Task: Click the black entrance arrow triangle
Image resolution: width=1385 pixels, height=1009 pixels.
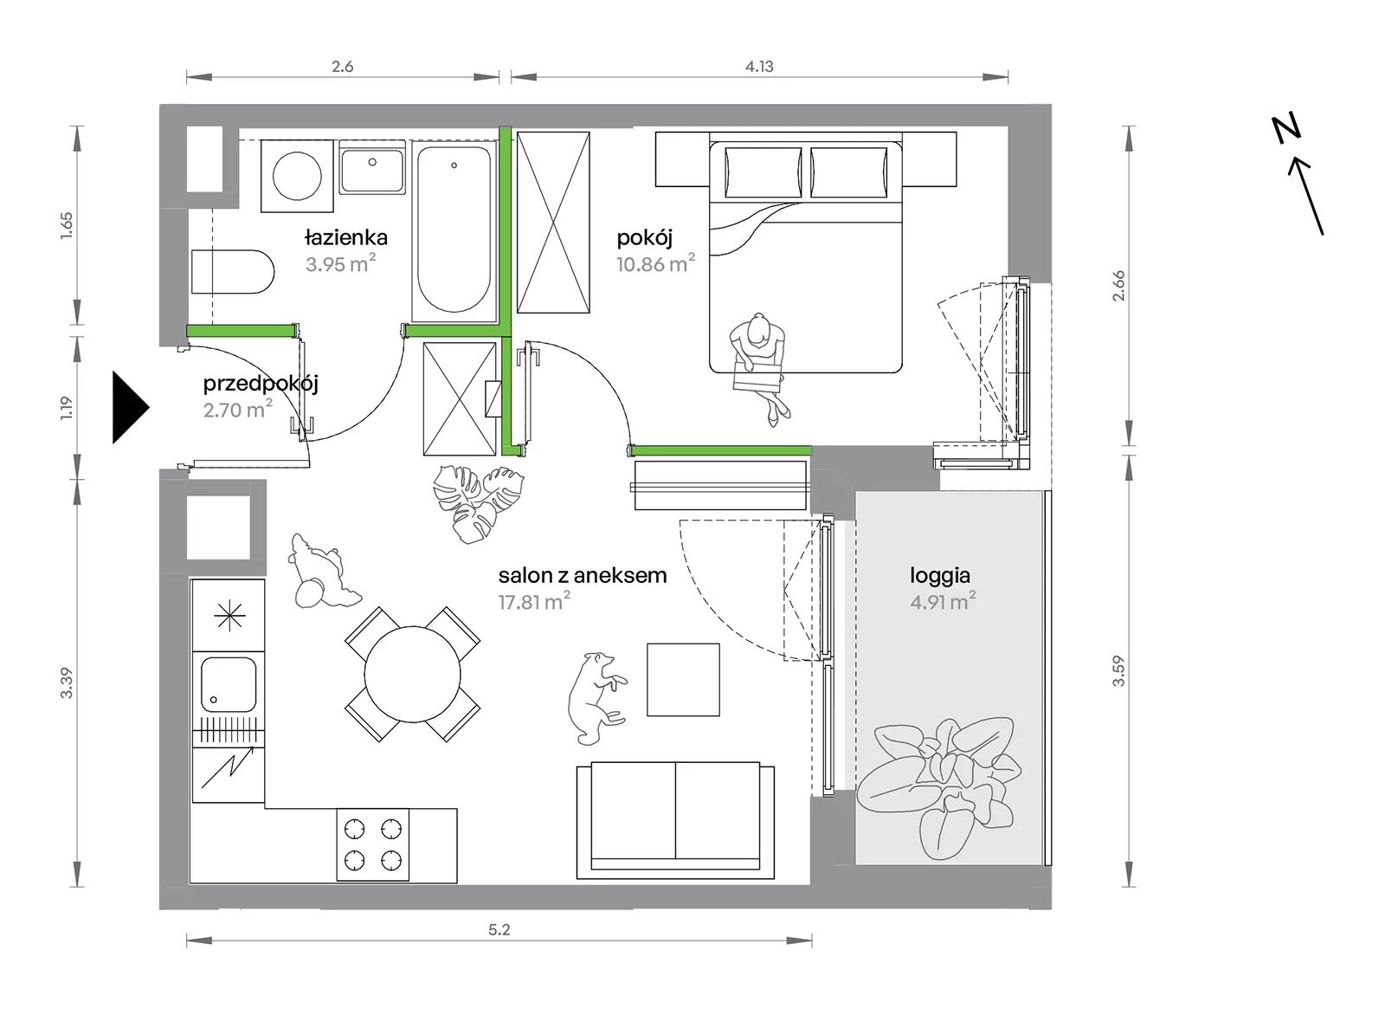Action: [129, 407]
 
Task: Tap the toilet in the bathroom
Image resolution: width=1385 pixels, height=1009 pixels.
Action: [233, 272]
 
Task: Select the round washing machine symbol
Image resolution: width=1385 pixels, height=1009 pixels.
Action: [298, 177]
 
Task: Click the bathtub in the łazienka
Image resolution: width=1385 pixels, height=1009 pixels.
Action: [454, 230]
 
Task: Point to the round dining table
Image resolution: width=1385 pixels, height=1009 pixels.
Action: [412, 674]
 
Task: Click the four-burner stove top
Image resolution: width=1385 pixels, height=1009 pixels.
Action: [373, 844]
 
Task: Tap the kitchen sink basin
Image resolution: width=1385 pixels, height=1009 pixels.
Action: [229, 685]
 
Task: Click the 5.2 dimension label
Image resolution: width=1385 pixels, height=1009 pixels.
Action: [499, 930]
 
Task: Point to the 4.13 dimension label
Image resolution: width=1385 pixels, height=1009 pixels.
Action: [759, 66]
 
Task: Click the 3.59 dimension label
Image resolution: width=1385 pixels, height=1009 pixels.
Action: [1118, 671]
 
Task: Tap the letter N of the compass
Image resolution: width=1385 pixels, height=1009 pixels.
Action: [1286, 130]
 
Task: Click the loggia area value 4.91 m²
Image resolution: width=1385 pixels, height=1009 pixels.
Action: [943, 601]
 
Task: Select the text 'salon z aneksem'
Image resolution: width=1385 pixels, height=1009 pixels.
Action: [583, 575]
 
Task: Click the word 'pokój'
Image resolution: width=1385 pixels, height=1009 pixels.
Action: [644, 237]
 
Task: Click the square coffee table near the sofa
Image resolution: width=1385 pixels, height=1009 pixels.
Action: [683, 680]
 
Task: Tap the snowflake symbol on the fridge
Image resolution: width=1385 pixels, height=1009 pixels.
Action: [229, 616]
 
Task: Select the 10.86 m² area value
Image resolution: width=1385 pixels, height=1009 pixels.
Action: [655, 264]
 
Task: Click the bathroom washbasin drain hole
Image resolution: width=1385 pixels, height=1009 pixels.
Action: [372, 162]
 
